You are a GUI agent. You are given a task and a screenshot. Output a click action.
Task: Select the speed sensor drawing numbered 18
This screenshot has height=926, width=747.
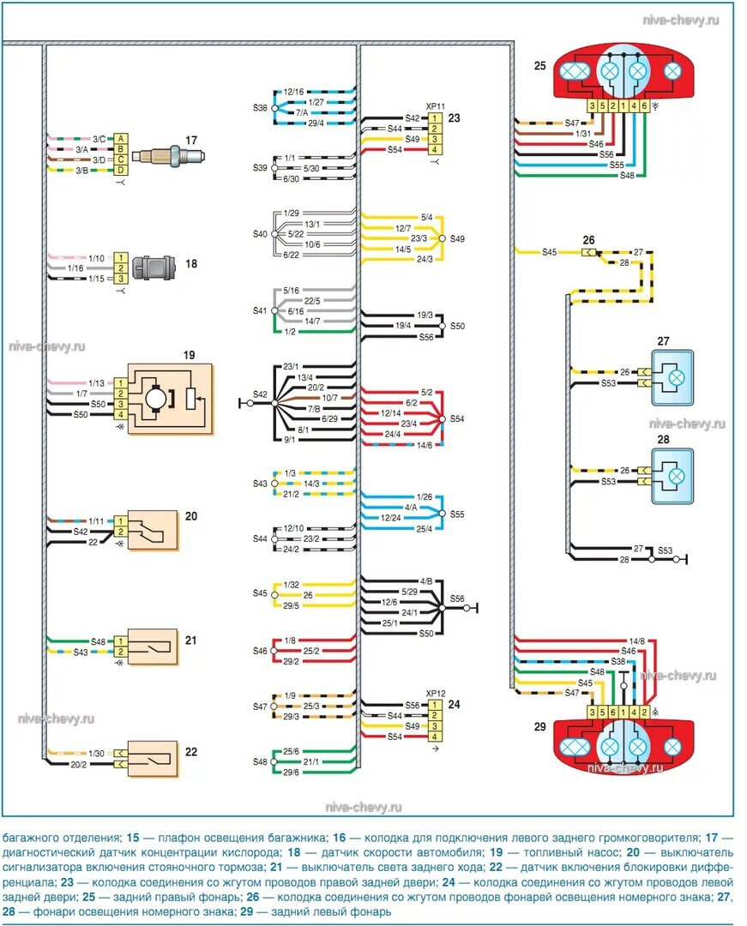click(x=160, y=267)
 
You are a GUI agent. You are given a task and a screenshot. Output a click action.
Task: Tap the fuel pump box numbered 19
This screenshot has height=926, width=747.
click(x=170, y=399)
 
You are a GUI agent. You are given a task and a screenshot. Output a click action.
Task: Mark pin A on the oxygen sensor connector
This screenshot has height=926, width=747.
click(x=122, y=139)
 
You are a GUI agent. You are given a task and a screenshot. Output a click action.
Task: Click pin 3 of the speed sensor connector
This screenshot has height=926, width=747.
click(x=122, y=279)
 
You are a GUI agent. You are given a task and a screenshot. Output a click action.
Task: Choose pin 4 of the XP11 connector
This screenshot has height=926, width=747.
click(x=436, y=150)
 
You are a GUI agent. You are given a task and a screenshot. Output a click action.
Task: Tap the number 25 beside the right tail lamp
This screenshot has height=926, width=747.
click(x=539, y=66)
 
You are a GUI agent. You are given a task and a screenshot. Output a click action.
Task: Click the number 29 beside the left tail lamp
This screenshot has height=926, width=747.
click(x=539, y=727)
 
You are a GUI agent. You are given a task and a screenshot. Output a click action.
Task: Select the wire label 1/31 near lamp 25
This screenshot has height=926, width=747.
click(x=584, y=133)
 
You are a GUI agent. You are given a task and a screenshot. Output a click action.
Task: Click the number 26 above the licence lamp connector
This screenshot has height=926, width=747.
click(x=588, y=239)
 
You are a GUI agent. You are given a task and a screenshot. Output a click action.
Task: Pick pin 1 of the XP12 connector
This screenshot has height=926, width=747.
click(x=436, y=704)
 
